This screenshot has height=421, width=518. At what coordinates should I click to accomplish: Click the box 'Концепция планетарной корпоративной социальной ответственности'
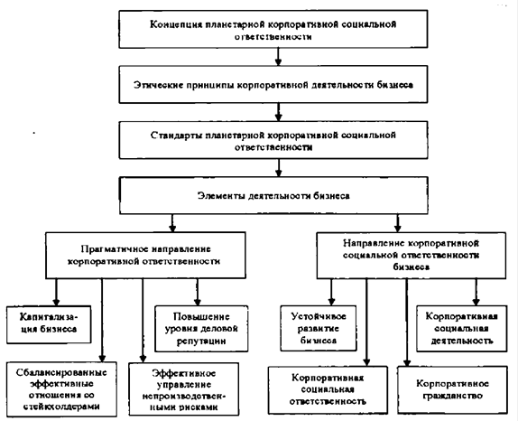(273, 29)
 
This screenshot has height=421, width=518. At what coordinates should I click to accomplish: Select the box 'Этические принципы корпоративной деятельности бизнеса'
(273, 84)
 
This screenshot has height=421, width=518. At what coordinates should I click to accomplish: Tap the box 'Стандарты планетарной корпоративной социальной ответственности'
(273, 140)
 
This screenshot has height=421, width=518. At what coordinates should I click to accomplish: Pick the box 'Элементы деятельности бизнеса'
(273, 195)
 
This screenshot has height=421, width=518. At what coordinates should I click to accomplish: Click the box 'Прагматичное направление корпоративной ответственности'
(145, 255)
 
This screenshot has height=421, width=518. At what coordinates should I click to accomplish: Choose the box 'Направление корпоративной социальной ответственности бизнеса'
(411, 256)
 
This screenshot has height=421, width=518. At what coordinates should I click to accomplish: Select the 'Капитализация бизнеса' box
(49, 324)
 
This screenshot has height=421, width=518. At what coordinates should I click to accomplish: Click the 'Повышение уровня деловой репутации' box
(201, 329)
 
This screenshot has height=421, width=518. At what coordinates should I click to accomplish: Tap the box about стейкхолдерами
(61, 389)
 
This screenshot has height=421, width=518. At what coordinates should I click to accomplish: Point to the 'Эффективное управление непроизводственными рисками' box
(184, 389)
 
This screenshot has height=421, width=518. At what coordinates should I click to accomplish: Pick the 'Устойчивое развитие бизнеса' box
(319, 328)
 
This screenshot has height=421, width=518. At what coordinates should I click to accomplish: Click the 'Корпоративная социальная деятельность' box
(461, 329)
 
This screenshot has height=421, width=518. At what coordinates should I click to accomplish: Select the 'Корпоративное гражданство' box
(452, 389)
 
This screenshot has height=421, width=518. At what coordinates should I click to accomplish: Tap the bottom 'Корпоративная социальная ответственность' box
(328, 389)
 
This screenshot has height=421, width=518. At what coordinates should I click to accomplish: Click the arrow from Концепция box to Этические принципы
(278, 57)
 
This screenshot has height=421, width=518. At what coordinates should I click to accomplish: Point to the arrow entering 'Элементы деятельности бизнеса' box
(279, 168)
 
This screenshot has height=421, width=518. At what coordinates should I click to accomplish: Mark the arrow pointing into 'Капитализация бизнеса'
(56, 292)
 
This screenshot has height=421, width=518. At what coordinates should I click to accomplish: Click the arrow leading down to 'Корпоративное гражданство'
(407, 323)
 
